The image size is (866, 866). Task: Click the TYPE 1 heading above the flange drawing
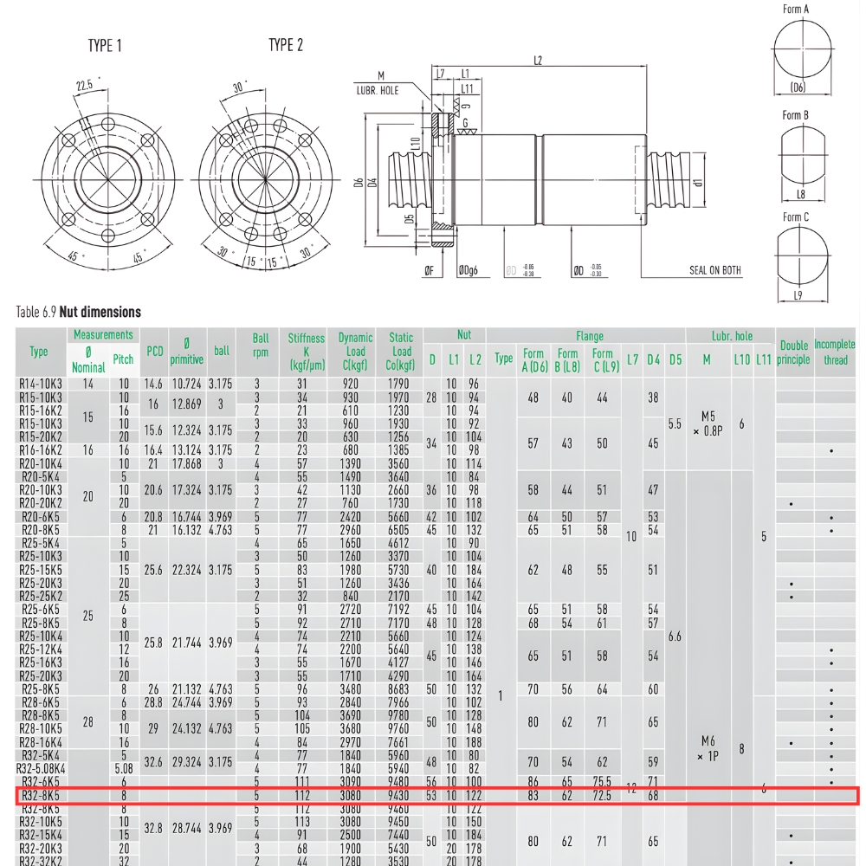point(105,45)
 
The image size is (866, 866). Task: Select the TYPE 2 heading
point(285,45)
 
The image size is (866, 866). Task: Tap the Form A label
point(795,10)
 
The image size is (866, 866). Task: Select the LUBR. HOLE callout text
point(378,90)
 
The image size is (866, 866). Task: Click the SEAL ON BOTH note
point(715,270)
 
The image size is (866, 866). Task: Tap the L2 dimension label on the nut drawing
point(538,61)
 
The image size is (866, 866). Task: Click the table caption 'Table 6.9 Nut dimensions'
point(78,312)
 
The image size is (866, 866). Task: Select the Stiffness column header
point(307,352)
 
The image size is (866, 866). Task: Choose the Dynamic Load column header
point(355,352)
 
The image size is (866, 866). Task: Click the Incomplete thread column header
point(835,352)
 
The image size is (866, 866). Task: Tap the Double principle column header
point(792,352)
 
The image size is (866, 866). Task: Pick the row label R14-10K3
point(40,383)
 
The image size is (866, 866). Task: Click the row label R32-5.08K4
point(40,767)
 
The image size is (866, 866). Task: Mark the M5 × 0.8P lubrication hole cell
point(707,423)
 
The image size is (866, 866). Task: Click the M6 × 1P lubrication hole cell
point(707,748)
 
